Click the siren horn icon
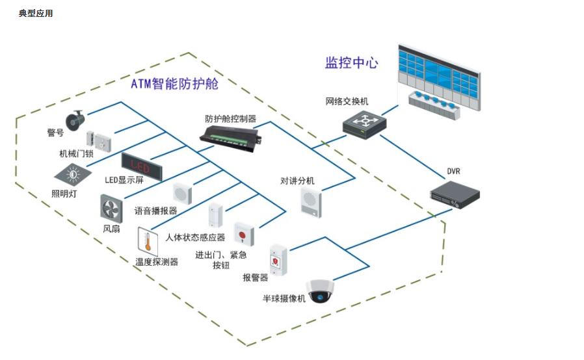[76, 119]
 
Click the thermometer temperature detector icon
[148, 241]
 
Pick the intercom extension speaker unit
[311, 201]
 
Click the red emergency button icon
[243, 233]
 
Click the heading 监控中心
[351, 62]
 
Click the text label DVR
[453, 171]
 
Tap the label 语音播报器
[156, 211]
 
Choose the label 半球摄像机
[284, 298]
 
